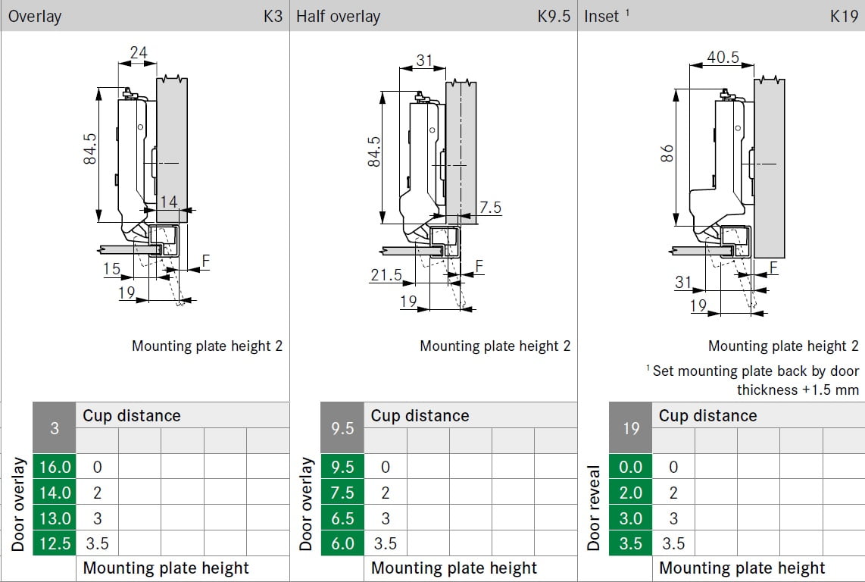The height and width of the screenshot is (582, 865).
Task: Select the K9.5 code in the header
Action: coord(554,16)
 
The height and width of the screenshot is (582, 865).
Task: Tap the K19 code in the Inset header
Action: coord(844,16)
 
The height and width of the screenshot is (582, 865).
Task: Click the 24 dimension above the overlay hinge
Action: coord(138,52)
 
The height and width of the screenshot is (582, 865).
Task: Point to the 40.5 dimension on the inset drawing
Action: coord(723,57)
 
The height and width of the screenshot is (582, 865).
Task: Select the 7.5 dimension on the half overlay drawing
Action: coord(491,207)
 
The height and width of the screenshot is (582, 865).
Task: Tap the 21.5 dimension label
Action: coord(386,275)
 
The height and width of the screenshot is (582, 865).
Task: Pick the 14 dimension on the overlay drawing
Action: coord(169,202)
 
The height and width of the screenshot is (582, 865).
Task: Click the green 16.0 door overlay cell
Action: coord(55,467)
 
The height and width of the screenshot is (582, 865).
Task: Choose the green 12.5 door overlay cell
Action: coord(55,543)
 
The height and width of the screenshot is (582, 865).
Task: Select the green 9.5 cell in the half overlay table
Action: coord(342,467)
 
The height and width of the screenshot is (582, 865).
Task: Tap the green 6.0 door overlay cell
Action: coord(342,543)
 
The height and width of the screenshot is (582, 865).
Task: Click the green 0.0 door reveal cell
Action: coord(630,467)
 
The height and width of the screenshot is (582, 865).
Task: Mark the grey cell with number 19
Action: coord(631,428)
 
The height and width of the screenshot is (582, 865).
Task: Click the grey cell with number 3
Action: coord(55,428)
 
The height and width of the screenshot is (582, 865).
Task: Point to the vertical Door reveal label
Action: coord(594,506)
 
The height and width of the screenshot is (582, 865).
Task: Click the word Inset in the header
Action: coord(602,16)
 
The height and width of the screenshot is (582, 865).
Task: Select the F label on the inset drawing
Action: coord(774,267)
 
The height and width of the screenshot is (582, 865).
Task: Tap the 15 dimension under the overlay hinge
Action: coord(111,268)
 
